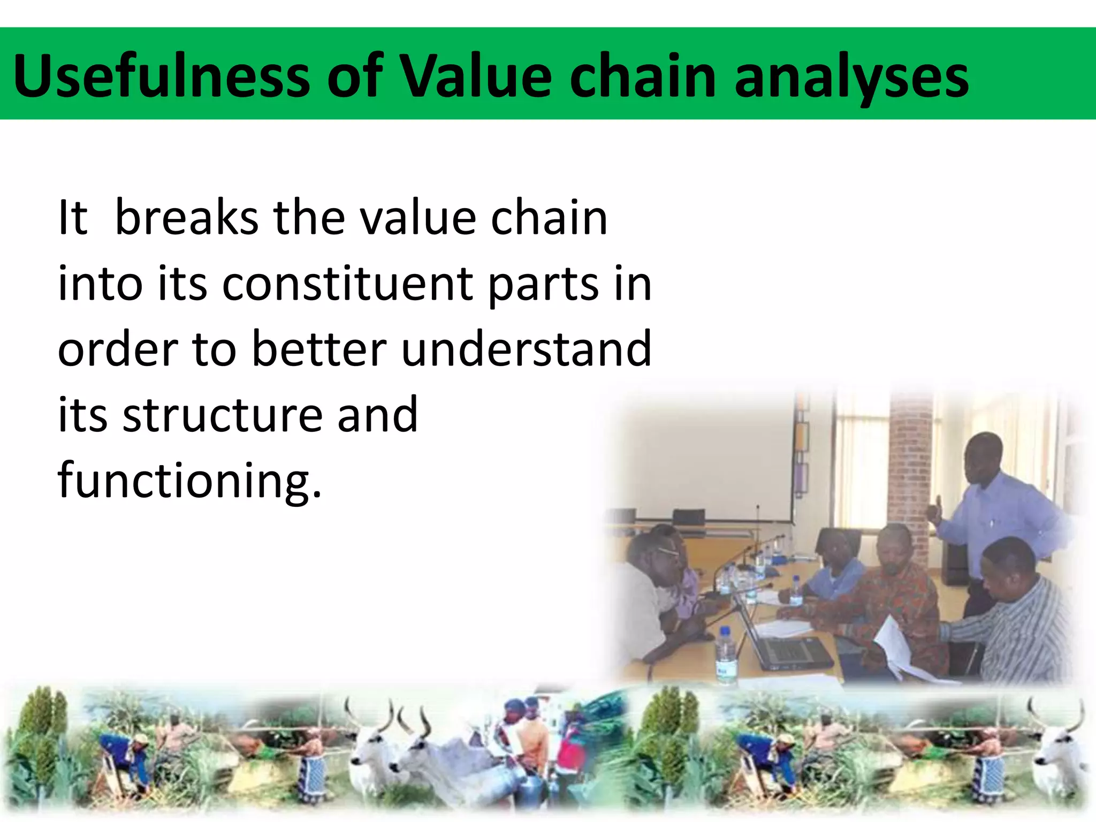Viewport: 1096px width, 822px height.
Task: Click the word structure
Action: click(222, 415)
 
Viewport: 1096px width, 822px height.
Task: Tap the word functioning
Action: click(189, 481)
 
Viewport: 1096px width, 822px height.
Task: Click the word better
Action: click(319, 349)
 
